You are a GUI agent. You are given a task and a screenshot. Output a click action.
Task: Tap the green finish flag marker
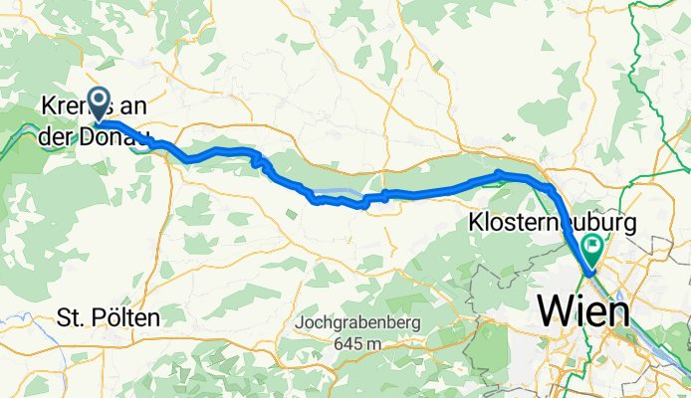click(x=594, y=245)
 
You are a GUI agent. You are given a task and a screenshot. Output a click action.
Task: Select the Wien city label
click(x=583, y=312)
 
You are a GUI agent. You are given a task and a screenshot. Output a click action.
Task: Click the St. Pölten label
click(x=109, y=318)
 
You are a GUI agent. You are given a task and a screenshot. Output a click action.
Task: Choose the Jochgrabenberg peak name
click(x=358, y=324)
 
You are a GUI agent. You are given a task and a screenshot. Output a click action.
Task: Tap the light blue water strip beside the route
click(x=339, y=192)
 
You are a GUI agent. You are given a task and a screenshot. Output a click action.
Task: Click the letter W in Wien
click(x=555, y=312)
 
